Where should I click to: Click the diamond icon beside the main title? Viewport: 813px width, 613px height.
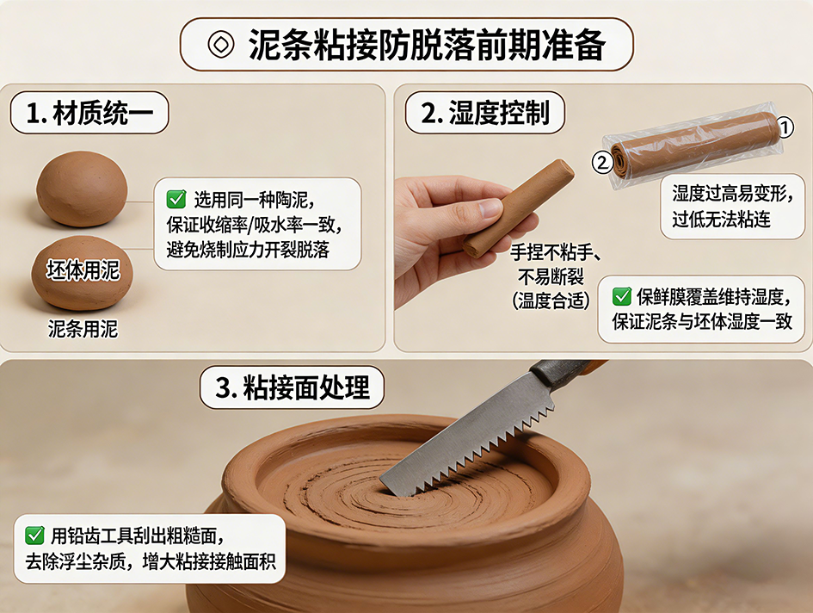pos(221,44)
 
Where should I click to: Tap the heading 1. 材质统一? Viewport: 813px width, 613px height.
pos(89,113)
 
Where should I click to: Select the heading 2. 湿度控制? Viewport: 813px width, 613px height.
pos(485,113)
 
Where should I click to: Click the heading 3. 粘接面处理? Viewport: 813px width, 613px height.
pos(293,387)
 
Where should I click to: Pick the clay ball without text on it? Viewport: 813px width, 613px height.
pos(82,189)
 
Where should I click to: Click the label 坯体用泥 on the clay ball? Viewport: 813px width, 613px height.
pos(83,270)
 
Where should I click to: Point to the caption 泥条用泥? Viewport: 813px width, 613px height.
pos(83,329)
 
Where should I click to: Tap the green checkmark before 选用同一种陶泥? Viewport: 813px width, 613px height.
pos(176,199)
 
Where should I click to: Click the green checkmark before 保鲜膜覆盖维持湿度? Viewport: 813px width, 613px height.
pos(622,296)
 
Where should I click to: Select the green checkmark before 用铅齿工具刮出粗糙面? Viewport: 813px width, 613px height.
pos(34,536)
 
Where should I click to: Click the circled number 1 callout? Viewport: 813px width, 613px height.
pos(785,127)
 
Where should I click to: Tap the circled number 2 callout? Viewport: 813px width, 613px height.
pos(602,163)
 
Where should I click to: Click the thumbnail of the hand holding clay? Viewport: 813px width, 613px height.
pos(466,233)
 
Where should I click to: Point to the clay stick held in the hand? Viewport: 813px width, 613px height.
pos(519,208)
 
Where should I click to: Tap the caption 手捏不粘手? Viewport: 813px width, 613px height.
pos(555,252)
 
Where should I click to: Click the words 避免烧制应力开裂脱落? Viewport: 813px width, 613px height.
pos(248,250)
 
